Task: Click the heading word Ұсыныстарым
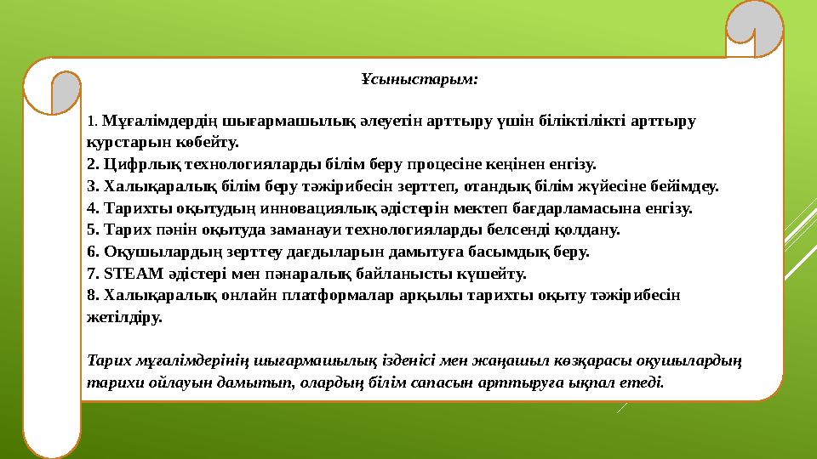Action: click(419, 80)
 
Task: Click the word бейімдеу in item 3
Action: click(688, 184)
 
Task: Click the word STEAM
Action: click(127, 274)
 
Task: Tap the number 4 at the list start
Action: click(91, 207)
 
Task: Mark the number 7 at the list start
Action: click(91, 274)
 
